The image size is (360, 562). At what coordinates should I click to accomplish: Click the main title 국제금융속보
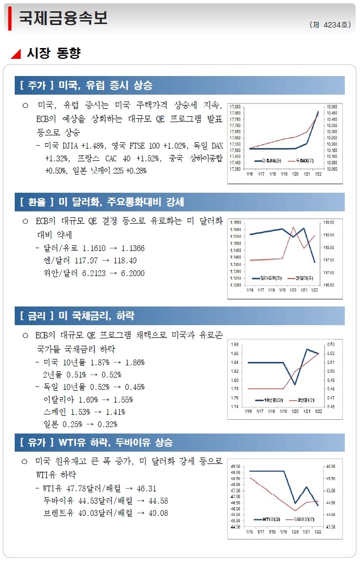[63, 18]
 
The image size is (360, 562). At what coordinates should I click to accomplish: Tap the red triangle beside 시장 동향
[16, 53]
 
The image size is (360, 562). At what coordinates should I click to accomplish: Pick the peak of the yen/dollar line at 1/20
[293, 227]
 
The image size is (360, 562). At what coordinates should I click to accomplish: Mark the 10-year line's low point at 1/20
[295, 384]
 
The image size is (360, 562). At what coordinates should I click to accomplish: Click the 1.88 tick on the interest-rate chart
[235, 345]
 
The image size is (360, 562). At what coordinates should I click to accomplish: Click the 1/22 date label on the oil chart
[317, 532]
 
